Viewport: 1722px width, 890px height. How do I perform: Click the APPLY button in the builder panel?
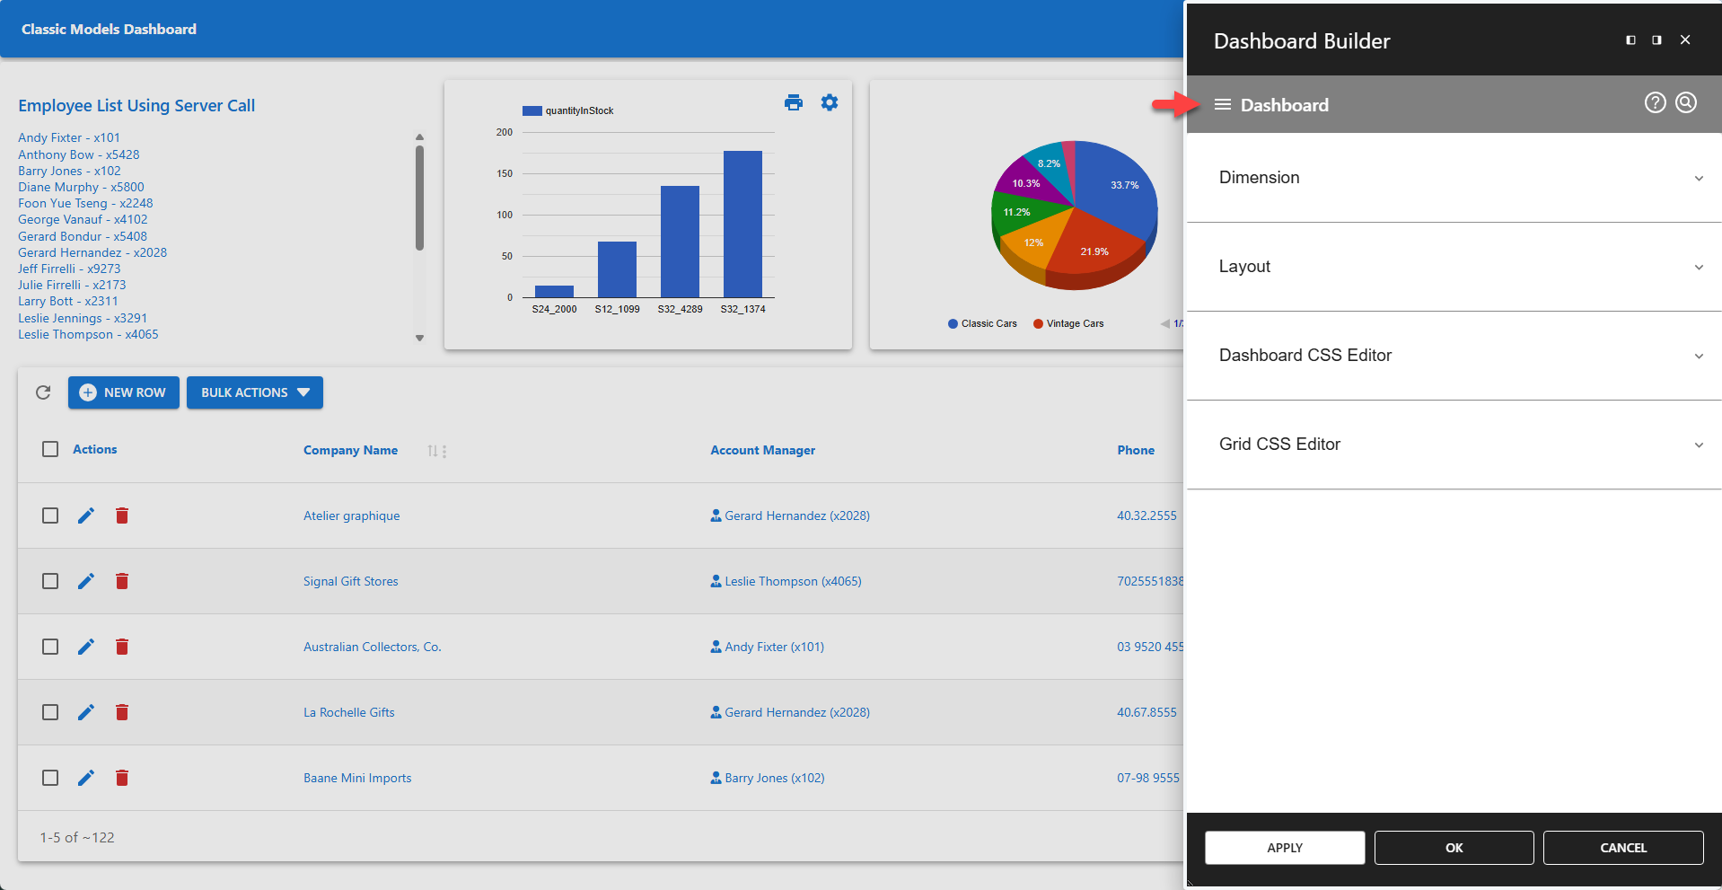click(x=1284, y=848)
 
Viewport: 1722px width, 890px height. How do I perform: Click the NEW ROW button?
click(x=124, y=392)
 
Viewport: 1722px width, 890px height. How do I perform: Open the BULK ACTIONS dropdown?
click(x=255, y=392)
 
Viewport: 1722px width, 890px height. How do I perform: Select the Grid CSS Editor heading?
click(x=1279, y=445)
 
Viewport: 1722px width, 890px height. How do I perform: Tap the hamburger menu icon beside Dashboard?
click(x=1222, y=105)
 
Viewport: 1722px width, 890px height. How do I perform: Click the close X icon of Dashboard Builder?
click(x=1685, y=40)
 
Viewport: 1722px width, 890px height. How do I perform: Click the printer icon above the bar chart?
click(x=794, y=102)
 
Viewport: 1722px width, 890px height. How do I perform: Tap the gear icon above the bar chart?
click(x=830, y=102)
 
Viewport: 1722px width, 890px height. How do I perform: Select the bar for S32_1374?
click(x=742, y=225)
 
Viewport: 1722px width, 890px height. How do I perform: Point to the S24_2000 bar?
click(x=554, y=291)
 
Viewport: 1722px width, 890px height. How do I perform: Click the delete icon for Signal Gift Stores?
click(x=122, y=581)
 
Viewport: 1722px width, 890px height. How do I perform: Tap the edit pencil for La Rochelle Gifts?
click(x=86, y=712)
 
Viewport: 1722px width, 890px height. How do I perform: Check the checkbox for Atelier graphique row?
click(x=50, y=515)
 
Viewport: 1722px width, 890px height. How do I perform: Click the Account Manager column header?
click(x=762, y=450)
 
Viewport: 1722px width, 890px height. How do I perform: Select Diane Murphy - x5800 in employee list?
click(x=81, y=187)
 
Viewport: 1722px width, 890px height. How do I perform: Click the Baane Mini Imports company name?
click(x=357, y=778)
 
